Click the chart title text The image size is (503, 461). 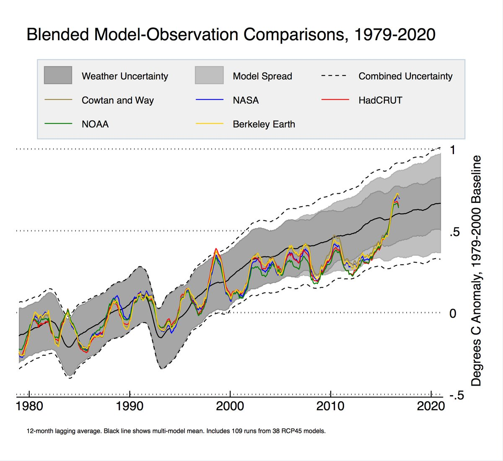click(231, 34)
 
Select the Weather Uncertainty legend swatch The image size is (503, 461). click(58, 75)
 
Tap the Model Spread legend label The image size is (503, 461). click(262, 76)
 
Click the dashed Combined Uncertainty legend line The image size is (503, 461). click(334, 76)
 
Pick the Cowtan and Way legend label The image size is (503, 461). click(118, 101)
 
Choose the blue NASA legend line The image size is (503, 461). click(209, 100)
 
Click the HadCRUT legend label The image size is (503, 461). click(380, 101)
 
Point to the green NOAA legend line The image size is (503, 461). click(58, 124)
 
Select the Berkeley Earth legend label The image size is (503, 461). click(264, 124)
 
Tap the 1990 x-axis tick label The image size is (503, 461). click(130, 406)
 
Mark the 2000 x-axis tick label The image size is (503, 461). click(230, 406)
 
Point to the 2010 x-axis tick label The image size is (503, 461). click(331, 406)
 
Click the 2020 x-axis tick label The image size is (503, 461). click(431, 406)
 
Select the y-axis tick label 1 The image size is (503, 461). click(452, 150)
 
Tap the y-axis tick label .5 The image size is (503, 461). click(455, 232)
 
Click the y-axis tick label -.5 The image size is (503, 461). click(456, 396)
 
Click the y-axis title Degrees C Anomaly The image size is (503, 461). click(476, 270)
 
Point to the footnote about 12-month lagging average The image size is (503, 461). click(176, 431)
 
